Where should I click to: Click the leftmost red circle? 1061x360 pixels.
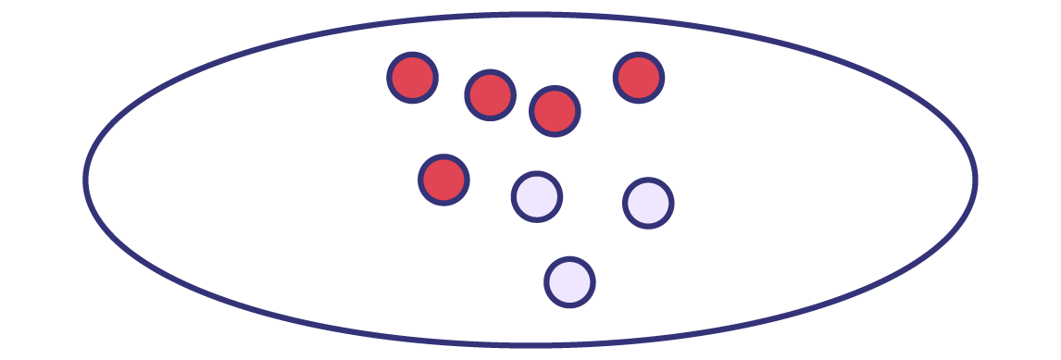pyautogui.click(x=412, y=78)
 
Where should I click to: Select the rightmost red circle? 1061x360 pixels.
pyautogui.click(x=638, y=78)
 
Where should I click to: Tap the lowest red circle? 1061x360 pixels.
pyautogui.click(x=443, y=180)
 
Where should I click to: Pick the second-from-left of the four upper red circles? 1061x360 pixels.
pyautogui.click(x=490, y=94)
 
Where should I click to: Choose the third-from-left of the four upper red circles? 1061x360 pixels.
pyautogui.click(x=555, y=112)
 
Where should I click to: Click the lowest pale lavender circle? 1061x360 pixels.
pyautogui.click(x=569, y=282)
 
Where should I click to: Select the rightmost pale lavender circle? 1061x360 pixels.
pyautogui.click(x=648, y=204)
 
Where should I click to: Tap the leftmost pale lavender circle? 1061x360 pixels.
pyautogui.click(x=537, y=196)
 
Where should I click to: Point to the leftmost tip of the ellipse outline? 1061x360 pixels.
pyautogui.click(x=86, y=179)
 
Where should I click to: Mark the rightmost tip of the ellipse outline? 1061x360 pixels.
pyautogui.click(x=975, y=179)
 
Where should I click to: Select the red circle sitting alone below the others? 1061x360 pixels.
pyautogui.click(x=443, y=180)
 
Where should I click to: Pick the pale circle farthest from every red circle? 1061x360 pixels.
pyautogui.click(x=569, y=282)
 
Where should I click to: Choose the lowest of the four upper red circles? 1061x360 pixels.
pyautogui.click(x=555, y=112)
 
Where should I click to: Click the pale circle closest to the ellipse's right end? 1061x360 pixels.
pyautogui.click(x=648, y=204)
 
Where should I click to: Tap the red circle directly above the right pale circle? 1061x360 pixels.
pyautogui.click(x=638, y=78)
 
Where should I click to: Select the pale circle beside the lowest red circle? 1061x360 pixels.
pyautogui.click(x=537, y=196)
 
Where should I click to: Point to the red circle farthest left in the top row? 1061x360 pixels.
pyautogui.click(x=412, y=78)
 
